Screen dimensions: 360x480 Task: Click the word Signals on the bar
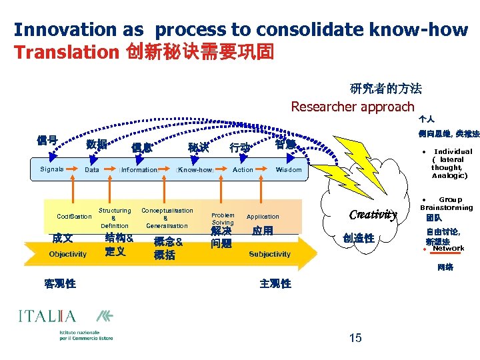[x=51, y=169]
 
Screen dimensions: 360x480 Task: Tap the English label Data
[x=92, y=170]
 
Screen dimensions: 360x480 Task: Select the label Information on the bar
[x=139, y=170]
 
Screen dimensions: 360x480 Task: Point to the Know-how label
[x=194, y=170]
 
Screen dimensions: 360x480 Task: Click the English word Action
[x=243, y=170]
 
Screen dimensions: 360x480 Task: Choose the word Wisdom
[x=289, y=170]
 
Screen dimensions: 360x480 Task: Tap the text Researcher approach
[x=353, y=107]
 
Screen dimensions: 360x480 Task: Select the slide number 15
[x=355, y=338]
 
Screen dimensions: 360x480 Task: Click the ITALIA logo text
[x=47, y=316]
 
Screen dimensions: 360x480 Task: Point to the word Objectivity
[x=68, y=254]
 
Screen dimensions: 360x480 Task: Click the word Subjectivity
[x=269, y=254]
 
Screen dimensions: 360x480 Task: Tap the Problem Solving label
[x=223, y=219]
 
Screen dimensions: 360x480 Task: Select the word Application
[x=263, y=217]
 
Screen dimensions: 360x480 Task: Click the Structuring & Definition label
[x=115, y=218]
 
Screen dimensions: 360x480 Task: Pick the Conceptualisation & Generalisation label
[x=167, y=218]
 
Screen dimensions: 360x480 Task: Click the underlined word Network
[x=448, y=249]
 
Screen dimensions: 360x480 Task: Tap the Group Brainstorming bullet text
[x=446, y=203]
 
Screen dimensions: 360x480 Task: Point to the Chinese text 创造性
[x=359, y=239]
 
